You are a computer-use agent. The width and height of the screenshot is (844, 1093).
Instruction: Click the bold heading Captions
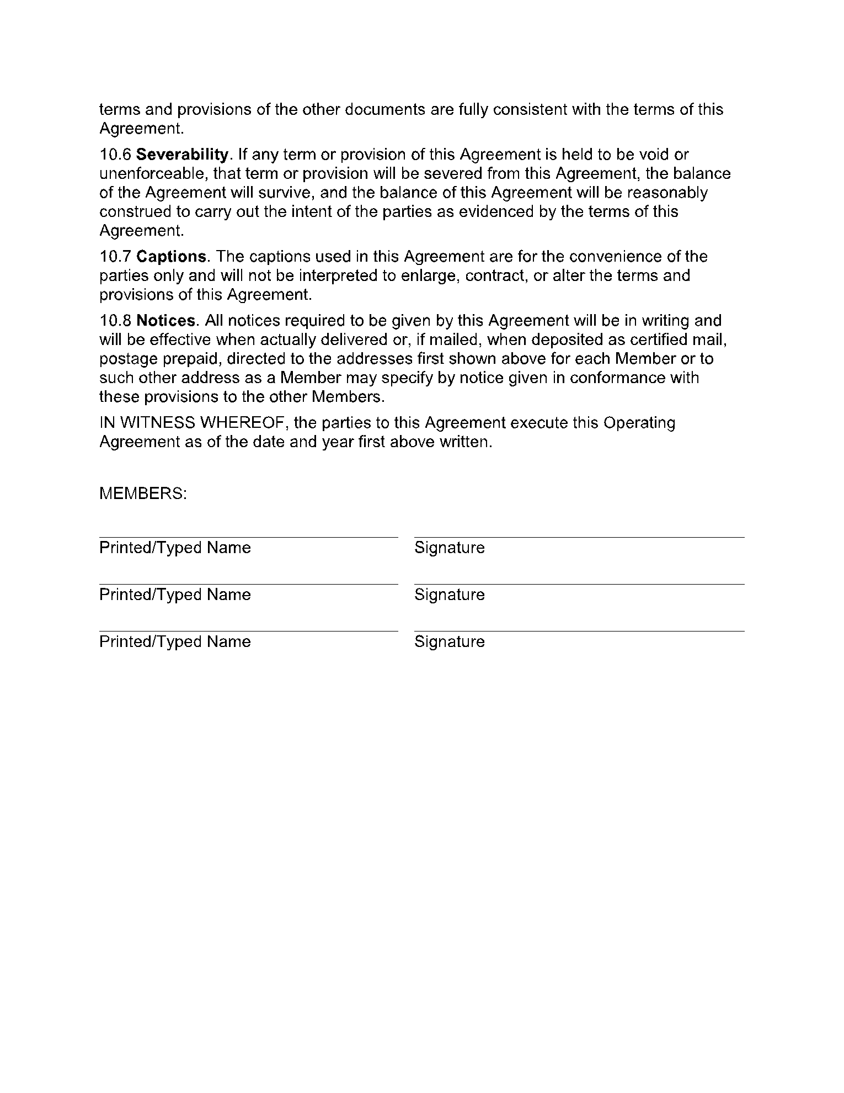(x=172, y=257)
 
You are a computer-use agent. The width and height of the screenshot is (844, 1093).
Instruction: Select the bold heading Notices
(x=166, y=321)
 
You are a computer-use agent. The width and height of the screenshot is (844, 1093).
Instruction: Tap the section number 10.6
(x=115, y=155)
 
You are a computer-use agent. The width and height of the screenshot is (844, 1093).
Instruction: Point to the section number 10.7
(x=115, y=257)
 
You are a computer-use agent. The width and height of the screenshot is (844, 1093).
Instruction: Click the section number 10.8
(x=115, y=321)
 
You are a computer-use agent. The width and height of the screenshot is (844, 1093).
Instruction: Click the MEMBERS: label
(x=143, y=494)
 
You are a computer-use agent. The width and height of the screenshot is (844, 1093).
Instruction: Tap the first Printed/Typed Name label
(x=175, y=548)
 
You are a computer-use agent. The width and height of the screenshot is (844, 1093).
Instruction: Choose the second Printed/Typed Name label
(x=175, y=595)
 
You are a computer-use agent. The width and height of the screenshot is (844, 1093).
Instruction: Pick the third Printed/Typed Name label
(x=175, y=641)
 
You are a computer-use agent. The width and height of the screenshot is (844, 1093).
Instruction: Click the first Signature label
(x=450, y=548)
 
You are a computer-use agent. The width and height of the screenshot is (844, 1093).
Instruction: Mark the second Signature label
(x=450, y=595)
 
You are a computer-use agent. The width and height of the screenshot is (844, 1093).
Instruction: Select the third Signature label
(x=450, y=641)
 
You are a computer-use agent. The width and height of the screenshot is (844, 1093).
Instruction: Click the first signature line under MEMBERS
(x=579, y=537)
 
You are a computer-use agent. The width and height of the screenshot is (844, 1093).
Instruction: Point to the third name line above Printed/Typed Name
(x=248, y=630)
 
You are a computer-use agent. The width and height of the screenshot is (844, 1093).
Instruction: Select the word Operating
(x=639, y=423)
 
